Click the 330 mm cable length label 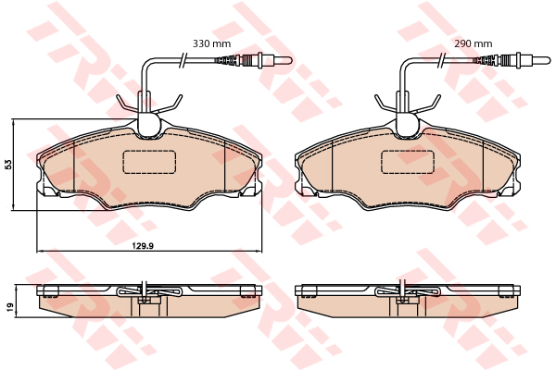pos(211,43)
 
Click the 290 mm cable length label pos(474,43)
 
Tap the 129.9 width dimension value pos(144,245)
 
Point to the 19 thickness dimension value pos(9,307)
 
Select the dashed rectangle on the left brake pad pos(149,162)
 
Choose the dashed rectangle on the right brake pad pos(408,162)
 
